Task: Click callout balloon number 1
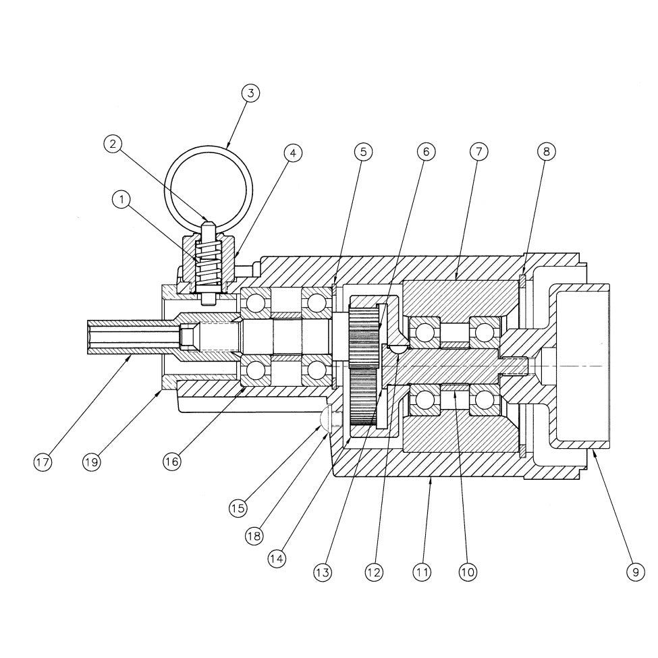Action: pos(121,200)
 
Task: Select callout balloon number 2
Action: pos(113,143)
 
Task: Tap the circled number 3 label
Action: pos(250,92)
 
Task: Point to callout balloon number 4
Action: pos(292,153)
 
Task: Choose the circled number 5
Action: pos(363,152)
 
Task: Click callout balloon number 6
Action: pos(426,152)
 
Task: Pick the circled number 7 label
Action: pos(478,152)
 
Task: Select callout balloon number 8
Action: pos(546,152)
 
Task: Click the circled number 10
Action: pos(468,572)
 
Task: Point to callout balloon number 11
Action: pos(422,572)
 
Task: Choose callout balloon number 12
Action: pos(374,572)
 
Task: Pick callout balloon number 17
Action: pos(43,462)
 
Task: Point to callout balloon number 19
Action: pos(92,462)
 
